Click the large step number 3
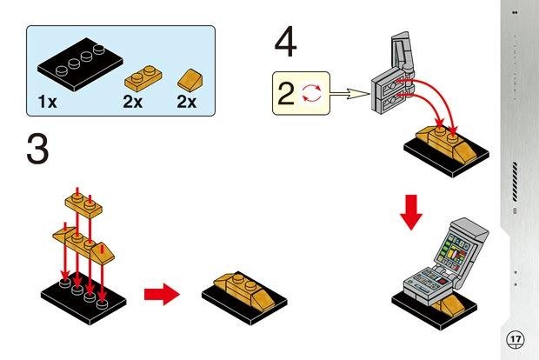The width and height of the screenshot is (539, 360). coord(37,150)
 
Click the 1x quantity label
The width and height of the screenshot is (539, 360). coord(47,103)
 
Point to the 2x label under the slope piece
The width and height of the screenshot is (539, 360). coord(187,103)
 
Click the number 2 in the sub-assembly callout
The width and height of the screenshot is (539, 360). coord(286,93)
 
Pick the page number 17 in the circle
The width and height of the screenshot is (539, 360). coord(515,337)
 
